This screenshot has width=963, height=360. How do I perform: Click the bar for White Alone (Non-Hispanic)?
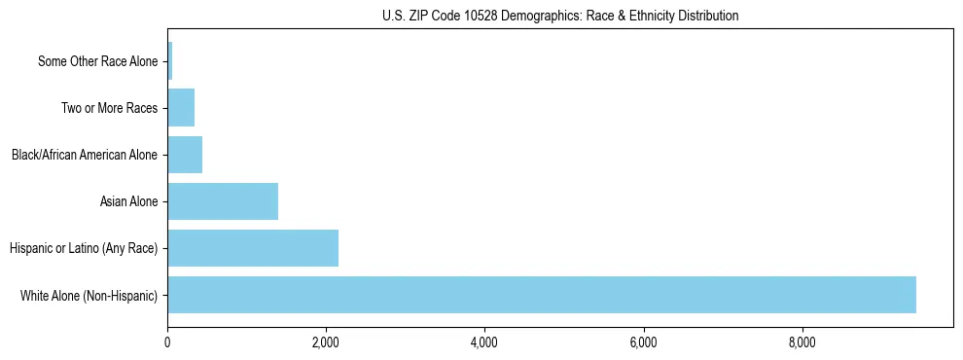click(x=541, y=295)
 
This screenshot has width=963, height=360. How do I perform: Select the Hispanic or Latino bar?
click(x=253, y=248)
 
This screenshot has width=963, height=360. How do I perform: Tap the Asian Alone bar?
click(x=223, y=201)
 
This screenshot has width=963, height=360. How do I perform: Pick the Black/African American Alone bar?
click(x=185, y=155)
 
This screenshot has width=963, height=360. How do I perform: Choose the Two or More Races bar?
click(x=181, y=108)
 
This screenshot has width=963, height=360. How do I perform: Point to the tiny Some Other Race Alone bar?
click(x=170, y=61)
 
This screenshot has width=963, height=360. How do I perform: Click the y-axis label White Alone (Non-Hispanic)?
click(x=89, y=296)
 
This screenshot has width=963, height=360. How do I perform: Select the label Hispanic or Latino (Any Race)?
click(x=84, y=249)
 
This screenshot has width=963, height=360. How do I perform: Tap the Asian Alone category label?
click(x=128, y=202)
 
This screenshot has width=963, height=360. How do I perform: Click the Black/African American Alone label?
click(x=85, y=156)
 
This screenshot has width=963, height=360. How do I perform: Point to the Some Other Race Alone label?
click(x=97, y=62)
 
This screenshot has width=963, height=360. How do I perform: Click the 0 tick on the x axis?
click(x=167, y=342)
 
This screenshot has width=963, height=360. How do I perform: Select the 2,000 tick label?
click(x=326, y=342)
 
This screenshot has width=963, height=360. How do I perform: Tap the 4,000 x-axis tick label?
click(x=484, y=342)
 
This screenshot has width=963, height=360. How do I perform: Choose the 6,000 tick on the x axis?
click(x=644, y=342)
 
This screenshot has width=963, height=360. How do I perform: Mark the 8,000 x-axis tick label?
click(x=802, y=342)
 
